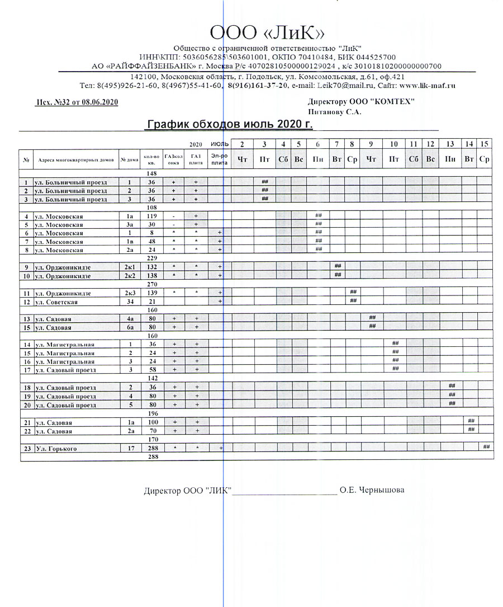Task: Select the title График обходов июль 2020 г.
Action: (229, 124)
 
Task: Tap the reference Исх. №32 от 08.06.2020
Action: (77, 102)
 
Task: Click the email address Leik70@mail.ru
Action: (341, 86)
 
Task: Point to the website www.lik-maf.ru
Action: (428, 86)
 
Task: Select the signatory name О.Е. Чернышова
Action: (372, 491)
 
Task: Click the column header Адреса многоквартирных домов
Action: (76, 159)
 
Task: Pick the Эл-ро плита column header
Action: (219, 159)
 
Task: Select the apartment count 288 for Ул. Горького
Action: (151, 449)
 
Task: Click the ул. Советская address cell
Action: (55, 302)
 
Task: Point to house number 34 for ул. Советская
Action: (129, 302)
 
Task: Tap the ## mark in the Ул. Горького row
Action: (486, 446)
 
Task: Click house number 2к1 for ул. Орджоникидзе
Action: (129, 267)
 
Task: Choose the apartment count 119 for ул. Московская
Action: (151, 216)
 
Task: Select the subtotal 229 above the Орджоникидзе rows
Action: (151, 258)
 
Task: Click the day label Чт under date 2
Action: (243, 159)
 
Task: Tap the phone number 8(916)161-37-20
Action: (257, 86)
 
